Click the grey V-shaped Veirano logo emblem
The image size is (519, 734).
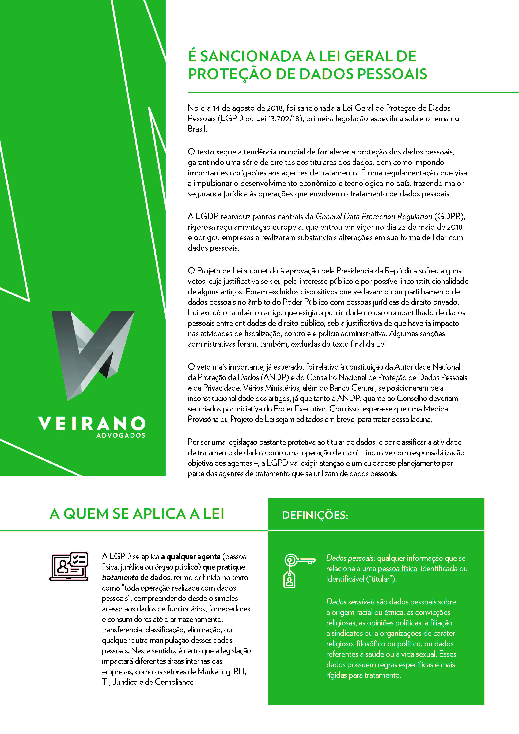click(93, 355)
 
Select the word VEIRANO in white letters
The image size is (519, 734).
click(92, 424)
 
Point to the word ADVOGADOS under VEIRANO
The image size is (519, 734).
click(121, 435)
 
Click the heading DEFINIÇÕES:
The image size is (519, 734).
click(315, 515)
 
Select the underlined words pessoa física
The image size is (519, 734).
click(397, 569)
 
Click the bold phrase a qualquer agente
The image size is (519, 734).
click(191, 557)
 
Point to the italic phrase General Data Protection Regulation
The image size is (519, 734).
click(374, 216)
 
